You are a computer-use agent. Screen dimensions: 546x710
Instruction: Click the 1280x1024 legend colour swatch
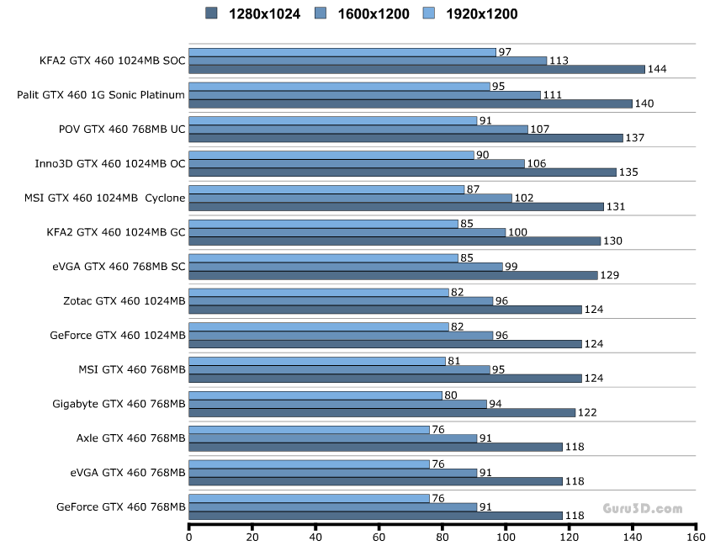click(211, 13)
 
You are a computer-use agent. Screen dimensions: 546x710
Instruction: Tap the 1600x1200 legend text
click(373, 13)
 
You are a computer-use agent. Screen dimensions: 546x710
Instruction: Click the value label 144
click(658, 69)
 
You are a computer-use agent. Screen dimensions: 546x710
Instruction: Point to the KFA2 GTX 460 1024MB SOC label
click(112, 61)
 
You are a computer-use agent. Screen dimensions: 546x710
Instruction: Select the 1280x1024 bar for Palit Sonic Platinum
click(411, 103)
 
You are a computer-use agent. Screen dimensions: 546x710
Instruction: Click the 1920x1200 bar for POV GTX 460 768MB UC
click(333, 120)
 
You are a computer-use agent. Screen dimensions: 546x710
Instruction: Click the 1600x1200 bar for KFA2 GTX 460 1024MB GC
click(347, 232)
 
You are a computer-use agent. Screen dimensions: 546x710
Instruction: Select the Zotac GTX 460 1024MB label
click(124, 300)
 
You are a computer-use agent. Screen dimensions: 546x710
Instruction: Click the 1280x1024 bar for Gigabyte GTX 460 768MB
click(382, 412)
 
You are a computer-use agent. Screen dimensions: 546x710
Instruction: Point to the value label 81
click(456, 361)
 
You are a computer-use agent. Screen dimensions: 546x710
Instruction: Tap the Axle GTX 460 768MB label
click(130, 437)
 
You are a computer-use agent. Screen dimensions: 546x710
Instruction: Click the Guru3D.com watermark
click(643, 508)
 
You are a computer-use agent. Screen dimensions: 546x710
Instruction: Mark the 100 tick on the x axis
click(506, 527)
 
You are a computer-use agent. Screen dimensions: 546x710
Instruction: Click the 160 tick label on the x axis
click(696, 537)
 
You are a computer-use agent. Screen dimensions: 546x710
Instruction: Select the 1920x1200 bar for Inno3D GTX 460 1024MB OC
click(331, 155)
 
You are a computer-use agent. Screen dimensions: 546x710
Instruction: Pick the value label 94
click(497, 404)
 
